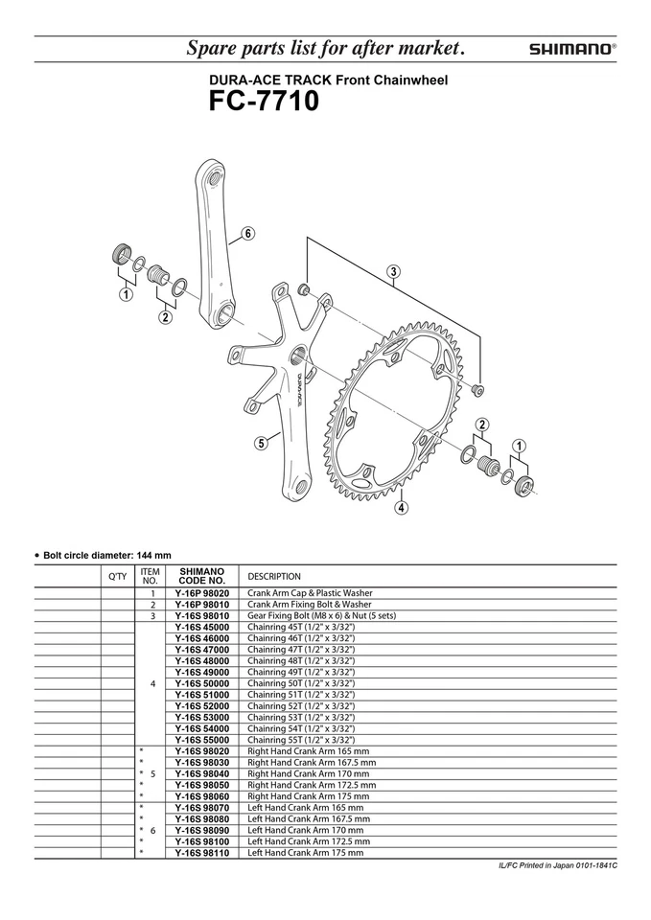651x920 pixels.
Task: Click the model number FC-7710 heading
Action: (x=265, y=101)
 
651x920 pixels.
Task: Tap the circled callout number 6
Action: (x=247, y=233)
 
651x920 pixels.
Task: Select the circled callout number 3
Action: (x=393, y=271)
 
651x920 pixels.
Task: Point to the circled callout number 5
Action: (x=262, y=443)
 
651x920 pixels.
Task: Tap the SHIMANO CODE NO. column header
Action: (x=201, y=575)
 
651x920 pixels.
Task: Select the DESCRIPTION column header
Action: (x=274, y=576)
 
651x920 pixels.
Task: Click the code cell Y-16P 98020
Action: (x=201, y=594)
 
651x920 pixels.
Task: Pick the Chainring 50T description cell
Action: (x=301, y=683)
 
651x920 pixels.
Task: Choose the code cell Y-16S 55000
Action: (x=201, y=740)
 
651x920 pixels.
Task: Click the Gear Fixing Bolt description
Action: (x=321, y=616)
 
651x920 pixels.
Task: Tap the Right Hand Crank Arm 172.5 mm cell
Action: (x=312, y=784)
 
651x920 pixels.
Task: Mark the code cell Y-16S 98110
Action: (x=201, y=852)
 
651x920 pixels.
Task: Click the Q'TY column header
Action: (x=117, y=576)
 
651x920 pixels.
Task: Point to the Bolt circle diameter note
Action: (x=105, y=554)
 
